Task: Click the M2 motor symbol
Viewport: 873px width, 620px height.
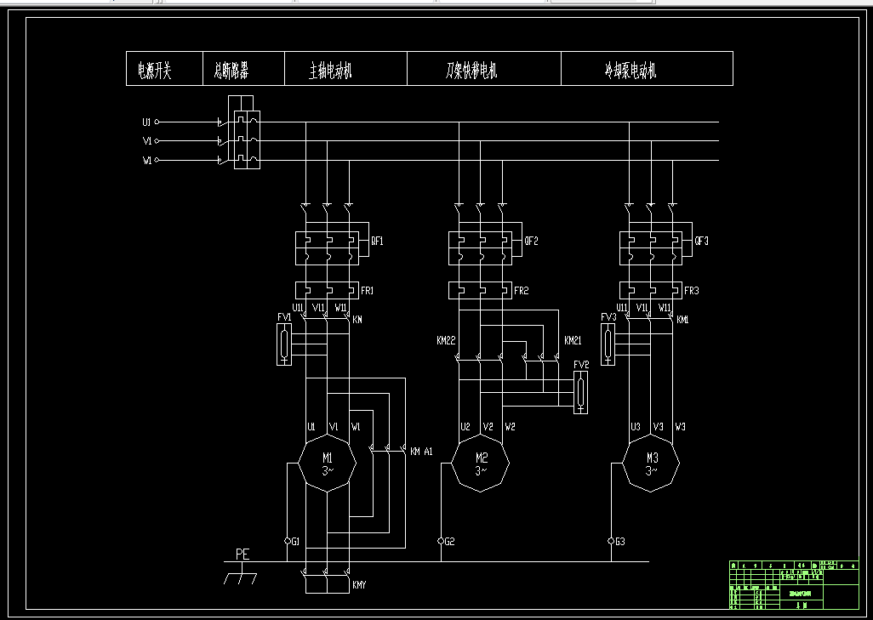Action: click(480, 464)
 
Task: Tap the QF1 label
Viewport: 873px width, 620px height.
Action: click(377, 241)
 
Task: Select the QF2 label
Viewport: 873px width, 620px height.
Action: click(531, 241)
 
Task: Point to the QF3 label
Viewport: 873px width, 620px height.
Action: click(701, 241)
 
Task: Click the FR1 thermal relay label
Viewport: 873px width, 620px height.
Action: click(368, 291)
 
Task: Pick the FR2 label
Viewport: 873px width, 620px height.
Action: click(522, 291)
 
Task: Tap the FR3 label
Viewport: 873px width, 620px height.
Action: click(692, 291)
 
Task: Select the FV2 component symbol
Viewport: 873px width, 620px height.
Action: click(580, 392)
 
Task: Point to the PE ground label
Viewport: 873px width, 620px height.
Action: click(242, 554)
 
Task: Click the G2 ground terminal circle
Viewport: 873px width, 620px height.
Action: click(441, 541)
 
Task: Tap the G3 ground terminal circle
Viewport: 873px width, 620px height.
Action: click(611, 541)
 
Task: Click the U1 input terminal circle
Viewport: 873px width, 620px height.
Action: click(157, 122)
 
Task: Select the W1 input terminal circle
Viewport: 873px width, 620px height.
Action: click(157, 160)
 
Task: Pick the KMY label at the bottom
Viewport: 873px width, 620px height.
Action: click(361, 585)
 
